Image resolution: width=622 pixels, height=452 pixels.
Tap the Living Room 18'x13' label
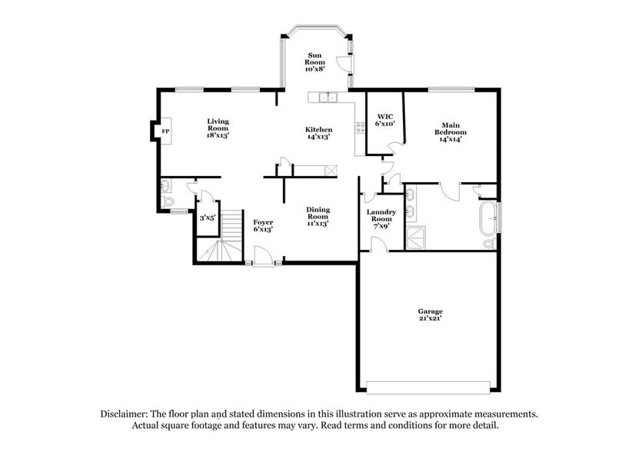218,128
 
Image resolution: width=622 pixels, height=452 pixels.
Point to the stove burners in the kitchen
359,128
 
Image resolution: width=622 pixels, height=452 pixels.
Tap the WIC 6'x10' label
384,119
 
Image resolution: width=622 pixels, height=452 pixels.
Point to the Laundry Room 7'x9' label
381,218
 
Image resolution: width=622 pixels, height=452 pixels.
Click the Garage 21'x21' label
428,314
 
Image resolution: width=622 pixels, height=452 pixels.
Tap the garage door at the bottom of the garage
428,386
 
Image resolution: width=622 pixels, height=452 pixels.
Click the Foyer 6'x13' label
264,225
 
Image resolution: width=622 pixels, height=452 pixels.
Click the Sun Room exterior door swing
346,65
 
